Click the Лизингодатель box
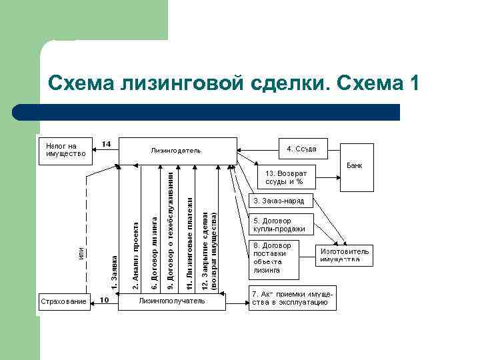click(177, 150)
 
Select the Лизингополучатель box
click(171, 301)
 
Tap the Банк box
click(355, 166)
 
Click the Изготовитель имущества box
click(344, 255)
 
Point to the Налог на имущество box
click(65, 150)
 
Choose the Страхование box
click(63, 302)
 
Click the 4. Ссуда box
click(301, 149)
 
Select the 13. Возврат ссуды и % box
click(286, 177)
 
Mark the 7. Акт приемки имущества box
click(292, 298)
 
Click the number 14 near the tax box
click(106, 144)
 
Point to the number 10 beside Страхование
click(105, 299)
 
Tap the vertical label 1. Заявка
click(114, 272)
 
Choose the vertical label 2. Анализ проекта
click(136, 256)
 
